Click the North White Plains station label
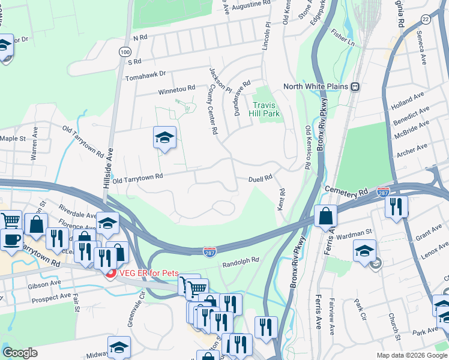pos(316,86)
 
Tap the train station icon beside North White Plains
pos(355,86)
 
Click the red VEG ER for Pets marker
pos(110,274)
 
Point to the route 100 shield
pos(124,53)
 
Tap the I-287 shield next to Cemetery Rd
pos(384,193)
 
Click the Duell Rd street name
pos(261,178)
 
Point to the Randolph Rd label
pos(240,261)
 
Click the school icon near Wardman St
pos(364,250)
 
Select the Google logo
pos(20,353)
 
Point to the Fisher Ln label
pos(343,40)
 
